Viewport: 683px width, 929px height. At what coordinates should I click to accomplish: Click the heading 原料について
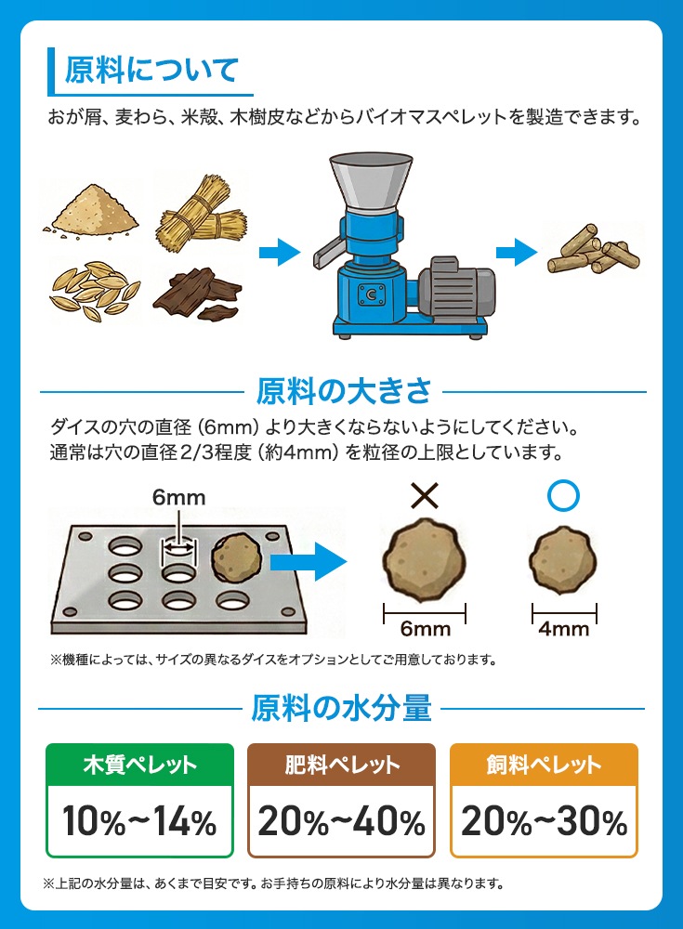pyautogui.click(x=151, y=70)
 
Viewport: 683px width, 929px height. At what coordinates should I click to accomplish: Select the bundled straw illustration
pyautogui.click(x=202, y=213)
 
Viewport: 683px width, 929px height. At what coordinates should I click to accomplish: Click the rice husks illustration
pyautogui.click(x=95, y=291)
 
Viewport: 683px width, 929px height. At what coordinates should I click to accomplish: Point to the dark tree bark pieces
pyautogui.click(x=197, y=294)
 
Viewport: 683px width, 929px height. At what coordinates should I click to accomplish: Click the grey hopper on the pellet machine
pyautogui.click(x=371, y=181)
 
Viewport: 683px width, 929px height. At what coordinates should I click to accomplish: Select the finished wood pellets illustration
pyautogui.click(x=593, y=249)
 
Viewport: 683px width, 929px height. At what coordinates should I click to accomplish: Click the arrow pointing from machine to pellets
pyautogui.click(x=517, y=253)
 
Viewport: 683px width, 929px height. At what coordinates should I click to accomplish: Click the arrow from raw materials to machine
pyautogui.click(x=280, y=253)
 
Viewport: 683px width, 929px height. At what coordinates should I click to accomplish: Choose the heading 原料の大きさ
pyautogui.click(x=343, y=391)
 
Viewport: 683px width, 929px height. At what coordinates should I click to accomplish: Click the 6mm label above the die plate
pyautogui.click(x=179, y=497)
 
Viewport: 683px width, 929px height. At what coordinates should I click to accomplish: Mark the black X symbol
pyautogui.click(x=425, y=495)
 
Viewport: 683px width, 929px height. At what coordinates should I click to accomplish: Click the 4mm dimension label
pyautogui.click(x=564, y=629)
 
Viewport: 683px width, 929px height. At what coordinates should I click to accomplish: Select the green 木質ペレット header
pyautogui.click(x=140, y=765)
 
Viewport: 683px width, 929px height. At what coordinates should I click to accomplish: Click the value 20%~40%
pyautogui.click(x=342, y=821)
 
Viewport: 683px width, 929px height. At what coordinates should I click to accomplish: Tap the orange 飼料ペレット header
pyautogui.click(x=544, y=765)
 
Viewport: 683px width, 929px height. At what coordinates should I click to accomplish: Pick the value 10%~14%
pyautogui.click(x=140, y=821)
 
